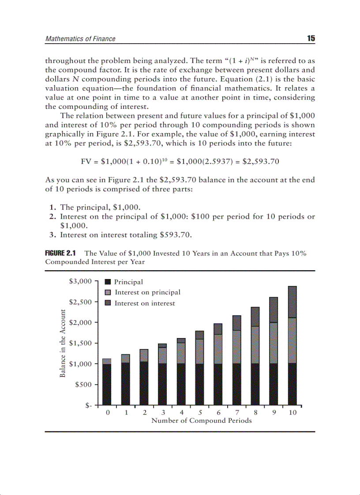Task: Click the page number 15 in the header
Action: tap(311, 38)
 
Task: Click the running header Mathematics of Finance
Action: tap(80, 39)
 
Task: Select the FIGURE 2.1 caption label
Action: tap(61, 253)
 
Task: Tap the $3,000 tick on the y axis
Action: tap(80, 281)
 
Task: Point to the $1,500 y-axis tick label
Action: tap(80, 343)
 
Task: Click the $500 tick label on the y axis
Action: tap(83, 384)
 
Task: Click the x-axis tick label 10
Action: tap(292, 413)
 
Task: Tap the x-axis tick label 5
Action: tap(200, 413)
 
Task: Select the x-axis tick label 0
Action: tap(107, 413)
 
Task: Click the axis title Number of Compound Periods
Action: tap(202, 421)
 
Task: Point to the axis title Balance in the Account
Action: tap(63, 343)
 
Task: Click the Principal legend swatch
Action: tap(107, 282)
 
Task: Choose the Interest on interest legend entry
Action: tap(145, 303)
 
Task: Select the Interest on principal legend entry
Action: tap(147, 292)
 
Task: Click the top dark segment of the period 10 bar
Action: tap(292, 302)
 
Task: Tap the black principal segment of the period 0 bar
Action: tap(107, 384)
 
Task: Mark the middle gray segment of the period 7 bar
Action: tap(236, 346)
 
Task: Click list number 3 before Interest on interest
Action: tap(52, 235)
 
